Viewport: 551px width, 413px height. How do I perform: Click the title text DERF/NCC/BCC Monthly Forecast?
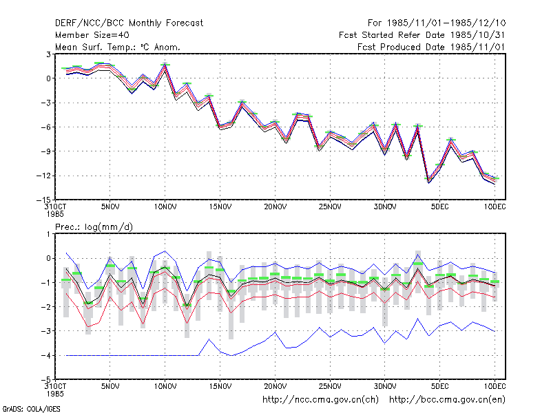pyautogui.click(x=129, y=23)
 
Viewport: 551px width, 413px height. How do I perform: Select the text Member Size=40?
pyautogui.click(x=92, y=35)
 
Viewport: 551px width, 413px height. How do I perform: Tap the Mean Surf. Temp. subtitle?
pyautogui.click(x=118, y=47)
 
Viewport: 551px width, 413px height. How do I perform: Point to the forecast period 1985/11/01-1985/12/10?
pyautogui.click(x=437, y=23)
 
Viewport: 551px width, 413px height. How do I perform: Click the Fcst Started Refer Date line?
pyautogui.click(x=422, y=35)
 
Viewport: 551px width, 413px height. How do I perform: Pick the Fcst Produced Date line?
pyautogui.click(x=431, y=47)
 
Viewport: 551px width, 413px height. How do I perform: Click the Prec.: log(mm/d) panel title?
pyautogui.click(x=94, y=227)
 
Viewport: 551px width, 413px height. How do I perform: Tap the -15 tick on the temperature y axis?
pyautogui.click(x=44, y=200)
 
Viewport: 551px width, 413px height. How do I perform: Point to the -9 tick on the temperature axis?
pyautogui.click(x=45, y=151)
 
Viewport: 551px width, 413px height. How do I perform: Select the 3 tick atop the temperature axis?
pyautogui.click(x=48, y=54)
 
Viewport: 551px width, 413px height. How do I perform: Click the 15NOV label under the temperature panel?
pyautogui.click(x=220, y=207)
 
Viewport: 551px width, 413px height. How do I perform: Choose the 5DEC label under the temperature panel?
pyautogui.click(x=439, y=207)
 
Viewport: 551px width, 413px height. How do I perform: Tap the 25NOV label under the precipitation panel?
pyautogui.click(x=330, y=386)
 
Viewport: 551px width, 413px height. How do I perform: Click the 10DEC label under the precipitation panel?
pyautogui.click(x=495, y=386)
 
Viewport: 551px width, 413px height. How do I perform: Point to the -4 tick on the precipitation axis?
pyautogui.click(x=45, y=355)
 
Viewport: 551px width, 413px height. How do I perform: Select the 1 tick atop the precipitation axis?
pyautogui.click(x=48, y=234)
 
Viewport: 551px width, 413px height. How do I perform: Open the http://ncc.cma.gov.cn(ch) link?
pyautogui.click(x=320, y=400)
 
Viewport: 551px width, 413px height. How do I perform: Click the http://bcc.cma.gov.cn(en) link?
pyautogui.click(x=447, y=400)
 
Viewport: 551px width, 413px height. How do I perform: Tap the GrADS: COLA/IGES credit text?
pyautogui.click(x=31, y=409)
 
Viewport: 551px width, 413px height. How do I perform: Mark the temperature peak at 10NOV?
pyautogui.click(x=165, y=65)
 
